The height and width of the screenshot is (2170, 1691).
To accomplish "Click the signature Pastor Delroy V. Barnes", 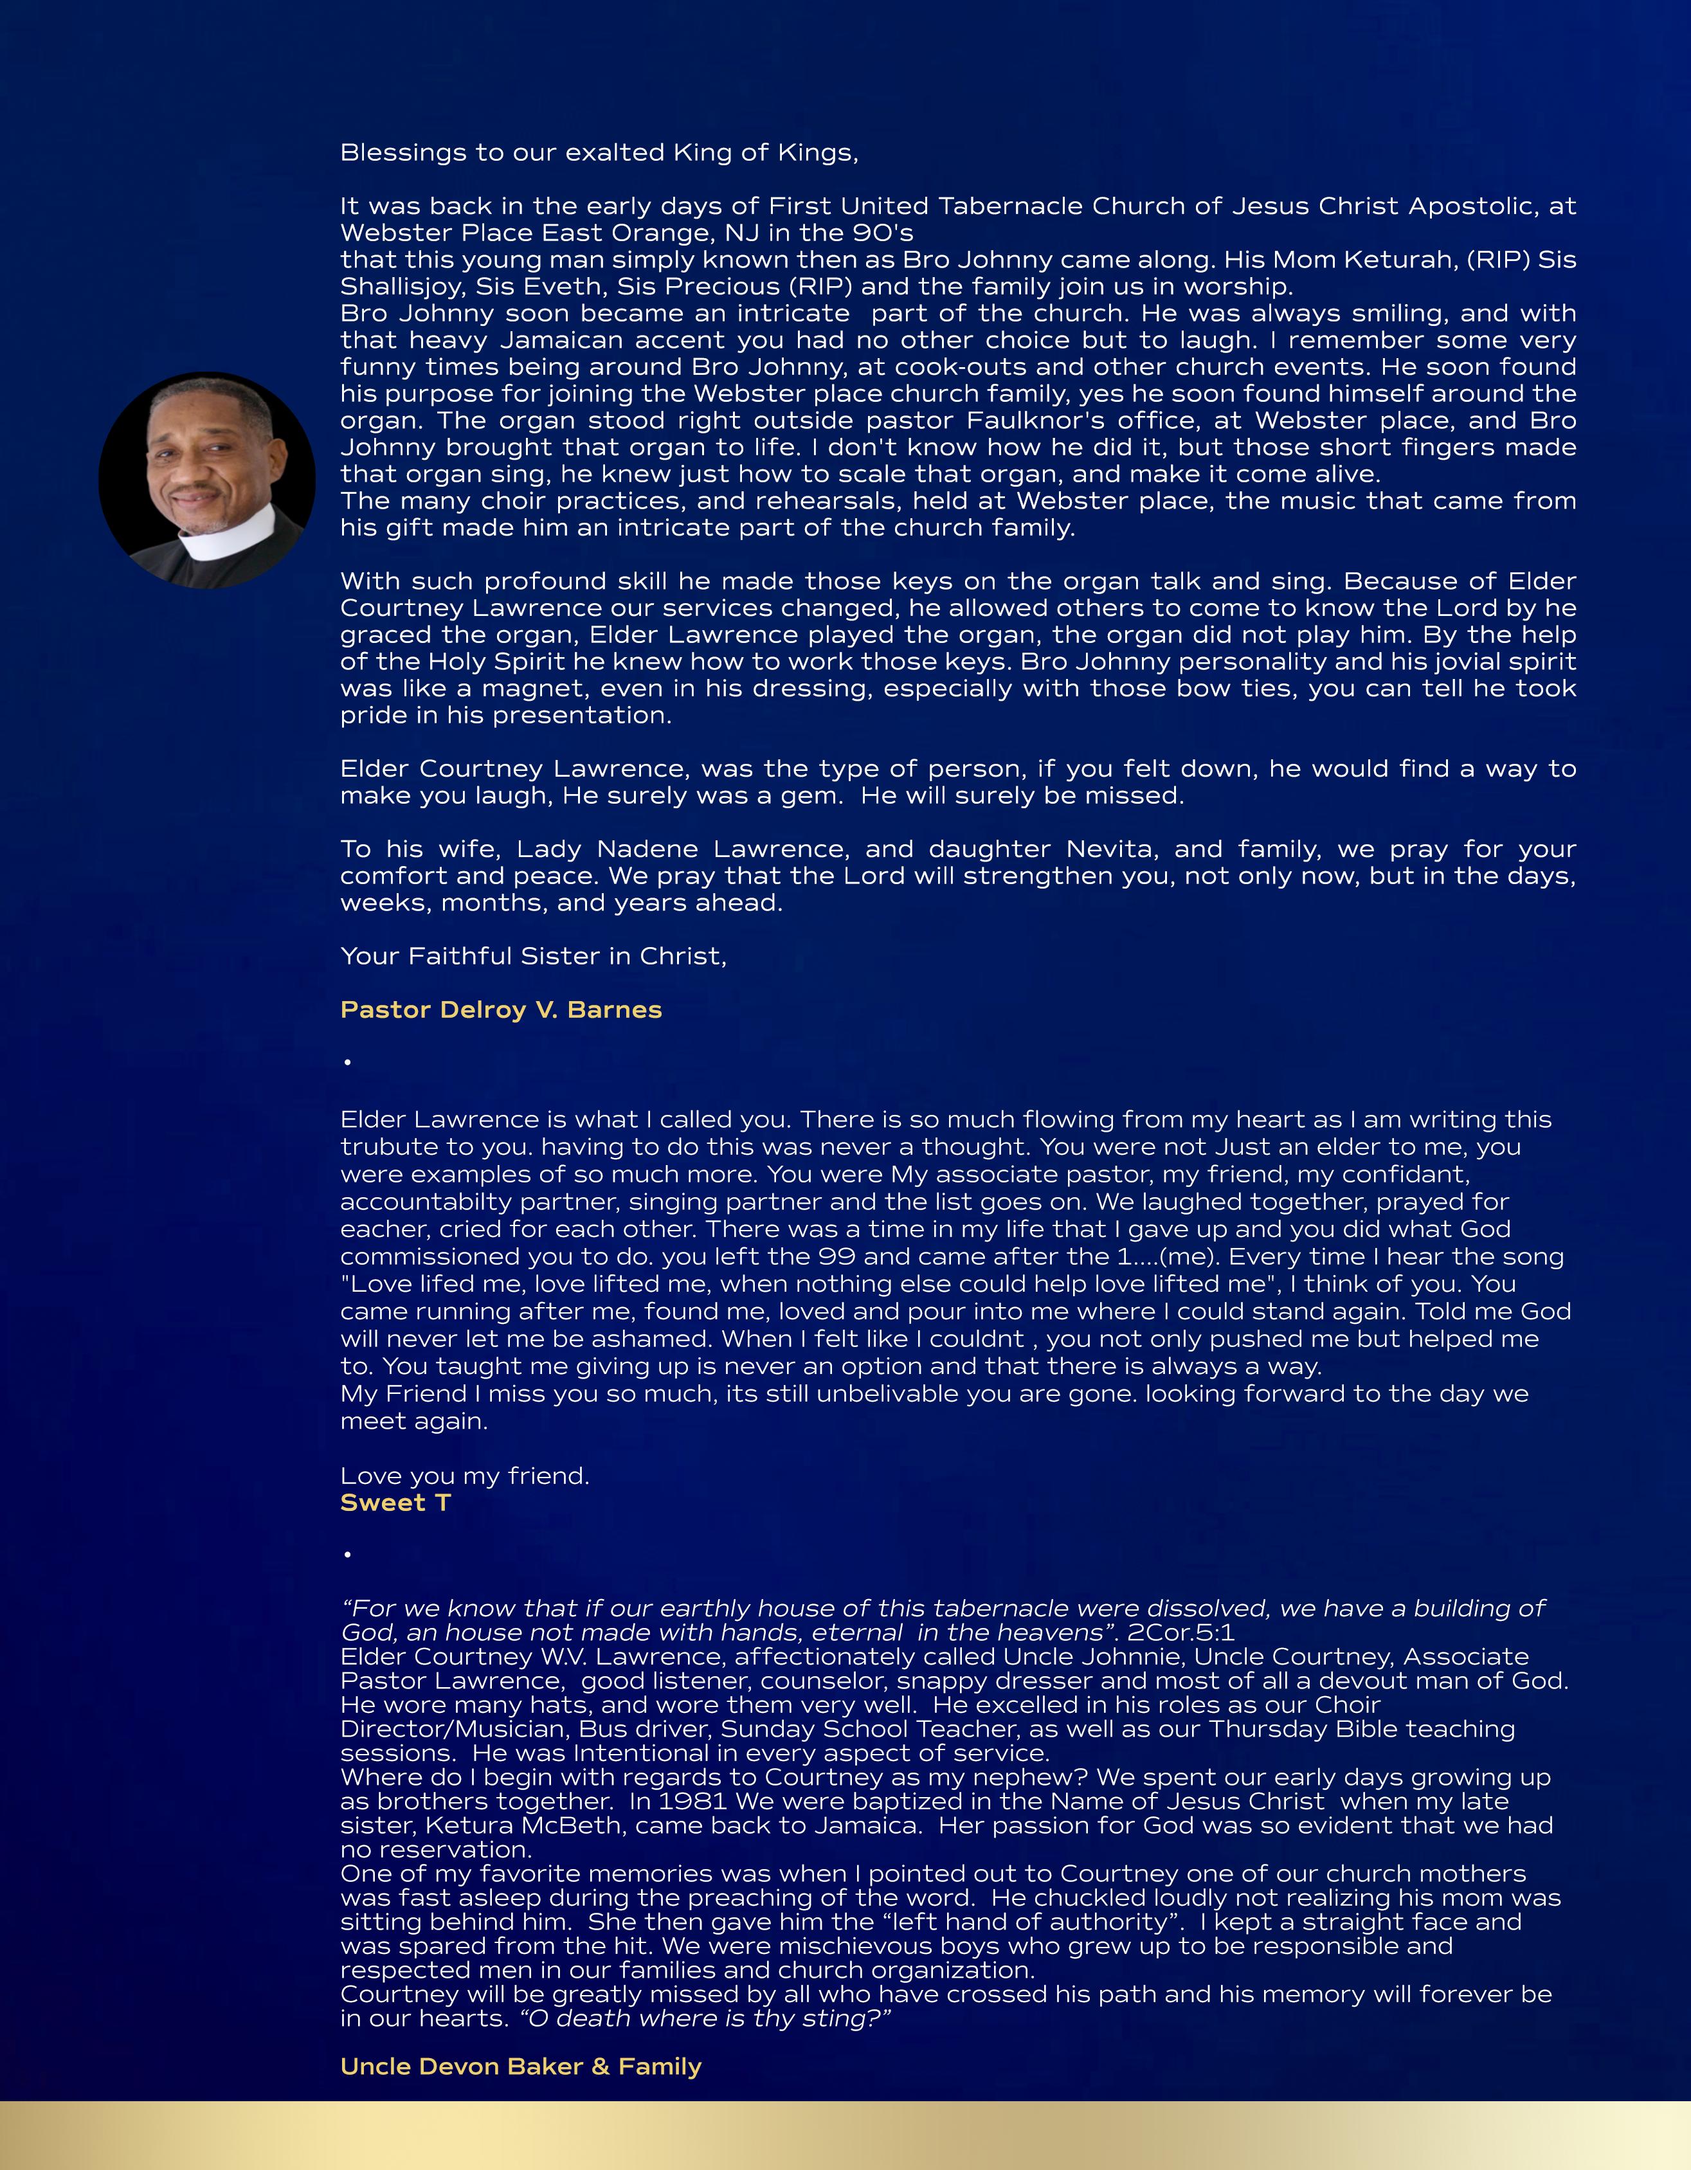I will [x=501, y=1009].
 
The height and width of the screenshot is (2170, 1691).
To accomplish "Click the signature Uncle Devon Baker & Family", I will [x=521, y=2066].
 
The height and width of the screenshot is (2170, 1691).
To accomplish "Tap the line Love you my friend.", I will [x=465, y=1476].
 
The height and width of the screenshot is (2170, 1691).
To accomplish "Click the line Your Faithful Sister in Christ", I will [x=534, y=956].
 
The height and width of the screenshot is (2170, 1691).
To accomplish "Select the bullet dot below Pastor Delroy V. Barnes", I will [x=348, y=1062].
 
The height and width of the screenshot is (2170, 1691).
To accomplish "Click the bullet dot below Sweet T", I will [x=348, y=1554].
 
